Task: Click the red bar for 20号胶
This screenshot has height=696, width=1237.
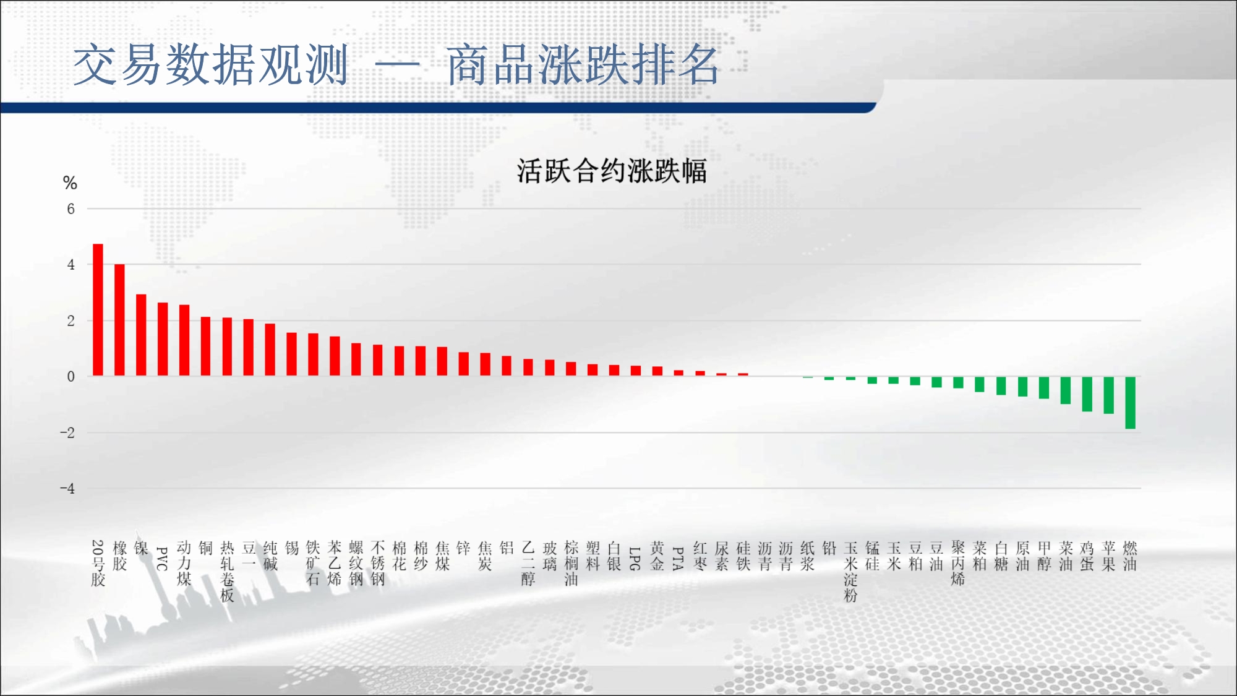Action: point(98,310)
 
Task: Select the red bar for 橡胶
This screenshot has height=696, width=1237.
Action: point(119,320)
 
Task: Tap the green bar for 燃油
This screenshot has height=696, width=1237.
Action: point(1130,402)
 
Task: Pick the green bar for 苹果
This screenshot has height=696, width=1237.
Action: point(1108,395)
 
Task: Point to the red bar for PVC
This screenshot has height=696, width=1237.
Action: point(163,339)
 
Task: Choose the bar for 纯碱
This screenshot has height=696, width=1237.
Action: point(270,350)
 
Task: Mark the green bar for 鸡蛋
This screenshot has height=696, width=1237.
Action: point(1087,393)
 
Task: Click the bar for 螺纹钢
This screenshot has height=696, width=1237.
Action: point(356,359)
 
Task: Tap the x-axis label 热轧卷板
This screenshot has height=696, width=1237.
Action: point(227,571)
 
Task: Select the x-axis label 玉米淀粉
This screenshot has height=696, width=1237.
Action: point(850,571)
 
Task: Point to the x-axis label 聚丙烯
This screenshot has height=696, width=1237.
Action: point(958,563)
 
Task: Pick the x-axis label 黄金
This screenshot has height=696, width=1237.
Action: point(657,556)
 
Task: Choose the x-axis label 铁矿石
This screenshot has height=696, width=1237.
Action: point(313,563)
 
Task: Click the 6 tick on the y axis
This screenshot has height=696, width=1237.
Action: point(71,209)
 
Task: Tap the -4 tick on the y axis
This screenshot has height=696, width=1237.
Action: point(67,489)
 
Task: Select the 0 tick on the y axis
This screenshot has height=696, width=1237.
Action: point(71,377)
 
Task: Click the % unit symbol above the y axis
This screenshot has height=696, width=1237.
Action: point(70,183)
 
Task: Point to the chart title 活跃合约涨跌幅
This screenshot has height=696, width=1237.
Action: point(612,171)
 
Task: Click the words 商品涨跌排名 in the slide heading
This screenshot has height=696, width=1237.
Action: point(583,64)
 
